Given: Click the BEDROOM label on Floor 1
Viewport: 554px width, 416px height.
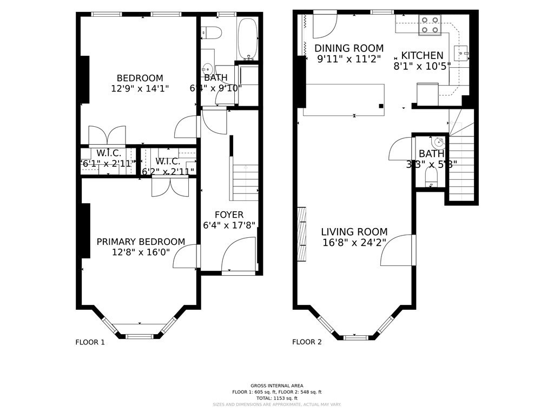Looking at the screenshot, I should (x=140, y=78).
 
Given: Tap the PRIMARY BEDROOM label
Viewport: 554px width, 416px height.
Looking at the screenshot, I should (x=141, y=242).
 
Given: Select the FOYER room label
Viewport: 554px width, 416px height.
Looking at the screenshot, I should (x=229, y=214).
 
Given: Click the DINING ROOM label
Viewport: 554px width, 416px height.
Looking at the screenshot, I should (x=349, y=48).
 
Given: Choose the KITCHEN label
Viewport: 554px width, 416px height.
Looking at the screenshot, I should (x=422, y=55).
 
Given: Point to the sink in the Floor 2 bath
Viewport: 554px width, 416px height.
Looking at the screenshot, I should (x=438, y=143).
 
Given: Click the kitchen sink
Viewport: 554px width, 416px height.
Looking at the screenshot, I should (x=461, y=53).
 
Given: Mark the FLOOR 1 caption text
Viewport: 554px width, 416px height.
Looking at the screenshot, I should (x=90, y=342).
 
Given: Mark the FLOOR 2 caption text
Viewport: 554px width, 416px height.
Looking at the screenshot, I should (x=307, y=342).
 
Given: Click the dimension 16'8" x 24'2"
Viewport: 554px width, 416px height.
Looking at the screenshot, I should (x=354, y=243).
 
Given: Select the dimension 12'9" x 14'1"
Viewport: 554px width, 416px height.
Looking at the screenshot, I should (x=140, y=88).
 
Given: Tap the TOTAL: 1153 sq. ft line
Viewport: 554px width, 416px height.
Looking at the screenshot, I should (x=276, y=398).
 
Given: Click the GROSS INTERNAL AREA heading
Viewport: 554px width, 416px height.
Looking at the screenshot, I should (x=276, y=385).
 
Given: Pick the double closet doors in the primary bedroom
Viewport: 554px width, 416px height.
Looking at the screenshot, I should (x=170, y=186).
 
